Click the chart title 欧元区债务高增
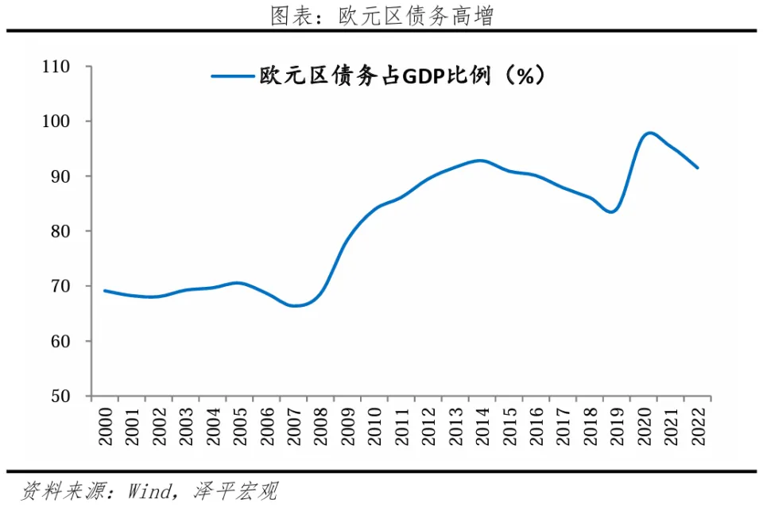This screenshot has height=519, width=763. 381,15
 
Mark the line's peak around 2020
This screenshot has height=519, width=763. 650,133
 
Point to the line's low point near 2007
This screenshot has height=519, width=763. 294,306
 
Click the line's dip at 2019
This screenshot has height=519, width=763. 612,211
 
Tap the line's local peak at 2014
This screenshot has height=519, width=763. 480,161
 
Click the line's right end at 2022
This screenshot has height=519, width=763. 697,168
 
